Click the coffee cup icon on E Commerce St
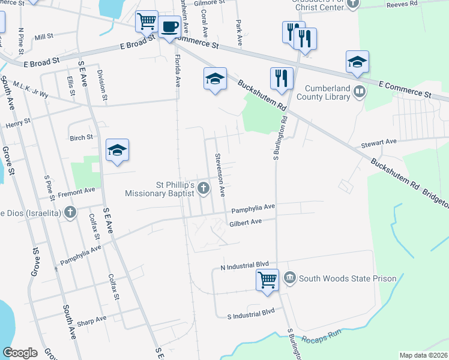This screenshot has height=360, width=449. coord(170,27)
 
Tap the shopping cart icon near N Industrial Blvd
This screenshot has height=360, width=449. coord(267,280)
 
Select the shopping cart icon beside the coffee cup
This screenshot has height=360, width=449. coord(146,22)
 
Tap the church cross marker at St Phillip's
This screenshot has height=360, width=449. coord(203,188)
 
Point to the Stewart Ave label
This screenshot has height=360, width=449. coord(379,142)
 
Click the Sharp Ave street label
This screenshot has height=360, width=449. coord(92,320)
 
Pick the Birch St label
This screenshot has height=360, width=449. coord(82,137)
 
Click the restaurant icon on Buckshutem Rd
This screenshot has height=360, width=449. coord(281,77)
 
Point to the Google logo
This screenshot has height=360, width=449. coord(20,353)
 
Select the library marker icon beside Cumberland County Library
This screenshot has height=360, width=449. coord(360,92)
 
